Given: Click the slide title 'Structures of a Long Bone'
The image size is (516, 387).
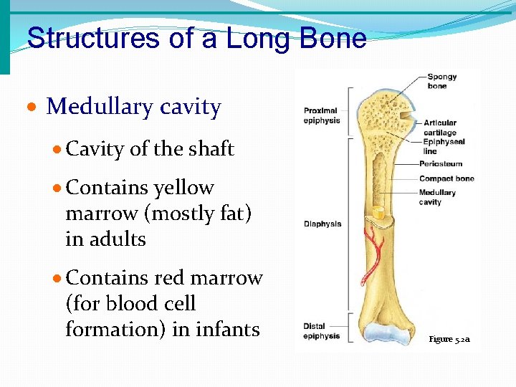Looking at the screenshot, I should pyautogui.click(x=196, y=38).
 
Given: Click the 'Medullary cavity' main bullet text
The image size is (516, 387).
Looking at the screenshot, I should pyautogui.click(x=133, y=107).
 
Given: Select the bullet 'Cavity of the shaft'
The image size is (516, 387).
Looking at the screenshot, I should pyautogui.click(x=150, y=149).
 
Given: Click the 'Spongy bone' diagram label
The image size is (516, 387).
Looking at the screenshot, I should pyautogui.click(x=437, y=82).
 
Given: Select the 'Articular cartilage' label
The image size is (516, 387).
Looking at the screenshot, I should pyautogui.click(x=439, y=128).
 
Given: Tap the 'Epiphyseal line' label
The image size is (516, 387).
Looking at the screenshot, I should pyautogui.click(x=443, y=146).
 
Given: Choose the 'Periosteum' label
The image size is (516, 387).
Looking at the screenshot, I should pyautogui.click(x=441, y=164).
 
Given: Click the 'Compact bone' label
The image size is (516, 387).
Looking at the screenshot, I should pyautogui.click(x=446, y=178).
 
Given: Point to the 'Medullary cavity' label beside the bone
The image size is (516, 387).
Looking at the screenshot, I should pyautogui.click(x=437, y=197).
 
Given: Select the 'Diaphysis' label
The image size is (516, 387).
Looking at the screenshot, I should pyautogui.click(x=322, y=224).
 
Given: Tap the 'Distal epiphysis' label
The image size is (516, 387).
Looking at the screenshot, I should pyautogui.click(x=321, y=331).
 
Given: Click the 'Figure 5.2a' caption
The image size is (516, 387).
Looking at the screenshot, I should pyautogui.click(x=450, y=339).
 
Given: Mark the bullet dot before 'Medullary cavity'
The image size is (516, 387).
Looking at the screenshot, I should pyautogui.click(x=32, y=108).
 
